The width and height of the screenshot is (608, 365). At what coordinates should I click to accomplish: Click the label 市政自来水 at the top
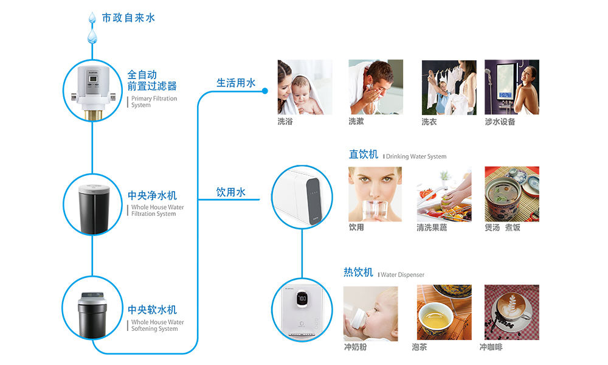click(128, 18)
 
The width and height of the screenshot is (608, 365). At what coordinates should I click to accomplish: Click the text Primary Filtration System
click(154, 102)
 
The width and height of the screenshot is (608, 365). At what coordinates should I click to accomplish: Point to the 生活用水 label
click(236, 83)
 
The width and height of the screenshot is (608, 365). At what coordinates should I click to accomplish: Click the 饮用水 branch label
click(231, 192)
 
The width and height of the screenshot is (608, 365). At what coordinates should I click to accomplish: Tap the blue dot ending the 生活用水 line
click(265, 91)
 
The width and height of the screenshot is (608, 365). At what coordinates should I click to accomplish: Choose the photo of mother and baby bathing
click(305, 86)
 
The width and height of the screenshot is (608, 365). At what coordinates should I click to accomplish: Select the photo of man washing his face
click(376, 86)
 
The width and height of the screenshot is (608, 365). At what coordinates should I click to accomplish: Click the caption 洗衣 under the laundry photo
click(429, 122)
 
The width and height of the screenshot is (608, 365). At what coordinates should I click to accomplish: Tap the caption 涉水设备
click(500, 122)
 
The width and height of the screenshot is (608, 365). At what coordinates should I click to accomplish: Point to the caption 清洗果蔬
click(432, 228)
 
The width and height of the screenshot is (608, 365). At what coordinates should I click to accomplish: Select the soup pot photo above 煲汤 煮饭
click(511, 194)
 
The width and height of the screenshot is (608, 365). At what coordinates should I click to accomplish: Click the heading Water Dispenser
click(402, 275)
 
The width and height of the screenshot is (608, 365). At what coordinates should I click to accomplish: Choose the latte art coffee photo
click(511, 313)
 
